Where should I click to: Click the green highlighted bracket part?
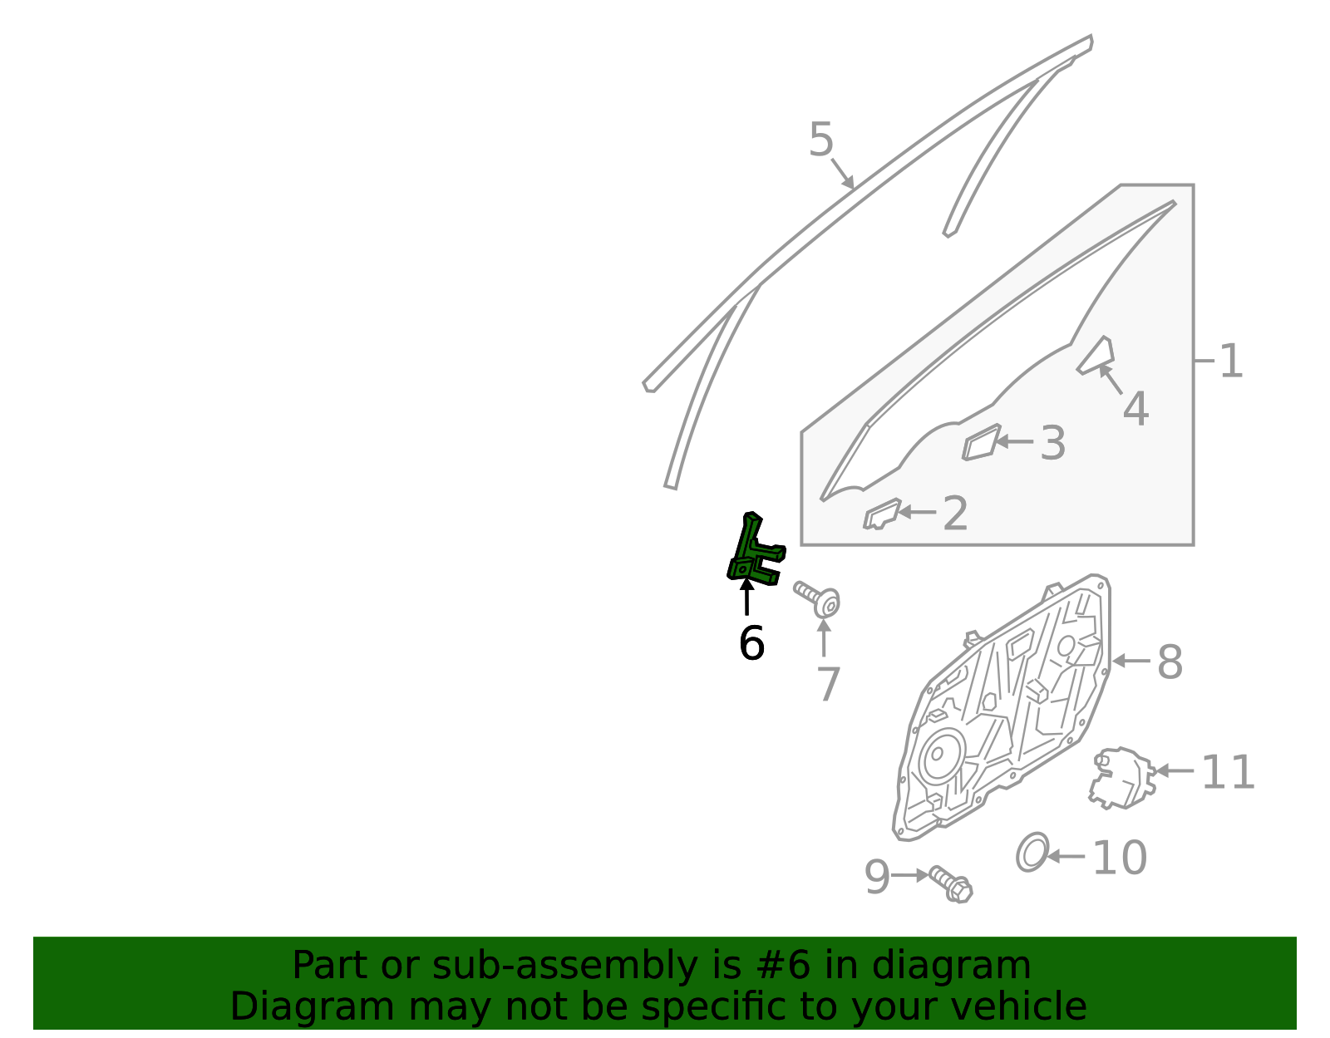[747, 553]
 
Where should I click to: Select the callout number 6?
[751, 643]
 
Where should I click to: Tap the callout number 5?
[820, 139]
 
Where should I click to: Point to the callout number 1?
[1231, 361]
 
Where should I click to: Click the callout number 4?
[1136, 409]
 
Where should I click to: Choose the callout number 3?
[1052, 443]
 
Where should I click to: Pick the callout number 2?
[955, 514]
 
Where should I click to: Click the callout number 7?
[828, 684]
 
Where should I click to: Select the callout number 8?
[1170, 662]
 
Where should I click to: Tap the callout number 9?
[876, 877]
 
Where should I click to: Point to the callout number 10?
[1120, 858]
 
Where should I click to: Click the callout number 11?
[1228, 772]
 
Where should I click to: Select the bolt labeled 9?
[950, 884]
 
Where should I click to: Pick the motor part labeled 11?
[1122, 779]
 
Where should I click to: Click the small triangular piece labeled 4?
[1096, 356]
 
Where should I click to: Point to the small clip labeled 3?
[981, 441]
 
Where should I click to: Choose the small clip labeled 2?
[882, 514]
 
